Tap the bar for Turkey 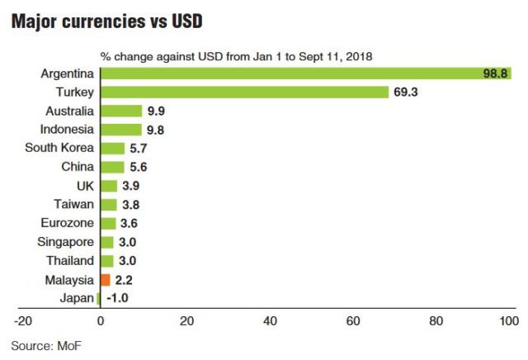[243, 92]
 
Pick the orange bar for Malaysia [104, 280]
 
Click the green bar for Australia [120, 110]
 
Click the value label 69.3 [406, 92]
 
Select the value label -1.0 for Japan [115, 299]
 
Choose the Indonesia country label [67, 129]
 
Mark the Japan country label [77, 299]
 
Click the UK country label [85, 186]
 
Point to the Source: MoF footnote [47, 343]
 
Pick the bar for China [111, 167]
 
